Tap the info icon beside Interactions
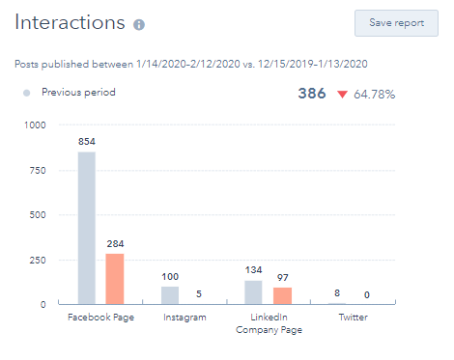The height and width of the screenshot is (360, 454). [139, 24]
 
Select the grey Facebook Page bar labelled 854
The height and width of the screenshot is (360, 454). [87, 228]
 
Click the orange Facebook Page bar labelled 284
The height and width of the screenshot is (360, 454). [115, 279]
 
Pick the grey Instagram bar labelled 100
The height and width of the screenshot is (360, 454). [170, 294]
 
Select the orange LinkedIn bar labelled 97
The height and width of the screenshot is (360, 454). [282, 295]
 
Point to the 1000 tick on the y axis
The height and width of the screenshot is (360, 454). [34, 125]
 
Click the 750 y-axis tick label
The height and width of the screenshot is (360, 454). [37, 170]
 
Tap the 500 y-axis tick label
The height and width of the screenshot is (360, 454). [37, 214]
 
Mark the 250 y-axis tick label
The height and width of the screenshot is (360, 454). [37, 259]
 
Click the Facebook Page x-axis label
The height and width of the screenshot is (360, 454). [100, 317]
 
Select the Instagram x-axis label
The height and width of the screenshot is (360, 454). [184, 317]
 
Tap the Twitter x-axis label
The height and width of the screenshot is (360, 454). [353, 317]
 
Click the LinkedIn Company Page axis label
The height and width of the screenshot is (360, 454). [269, 323]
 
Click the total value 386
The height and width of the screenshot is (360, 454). [312, 94]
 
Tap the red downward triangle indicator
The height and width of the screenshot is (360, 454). [341, 95]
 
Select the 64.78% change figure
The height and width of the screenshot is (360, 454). [374, 95]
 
